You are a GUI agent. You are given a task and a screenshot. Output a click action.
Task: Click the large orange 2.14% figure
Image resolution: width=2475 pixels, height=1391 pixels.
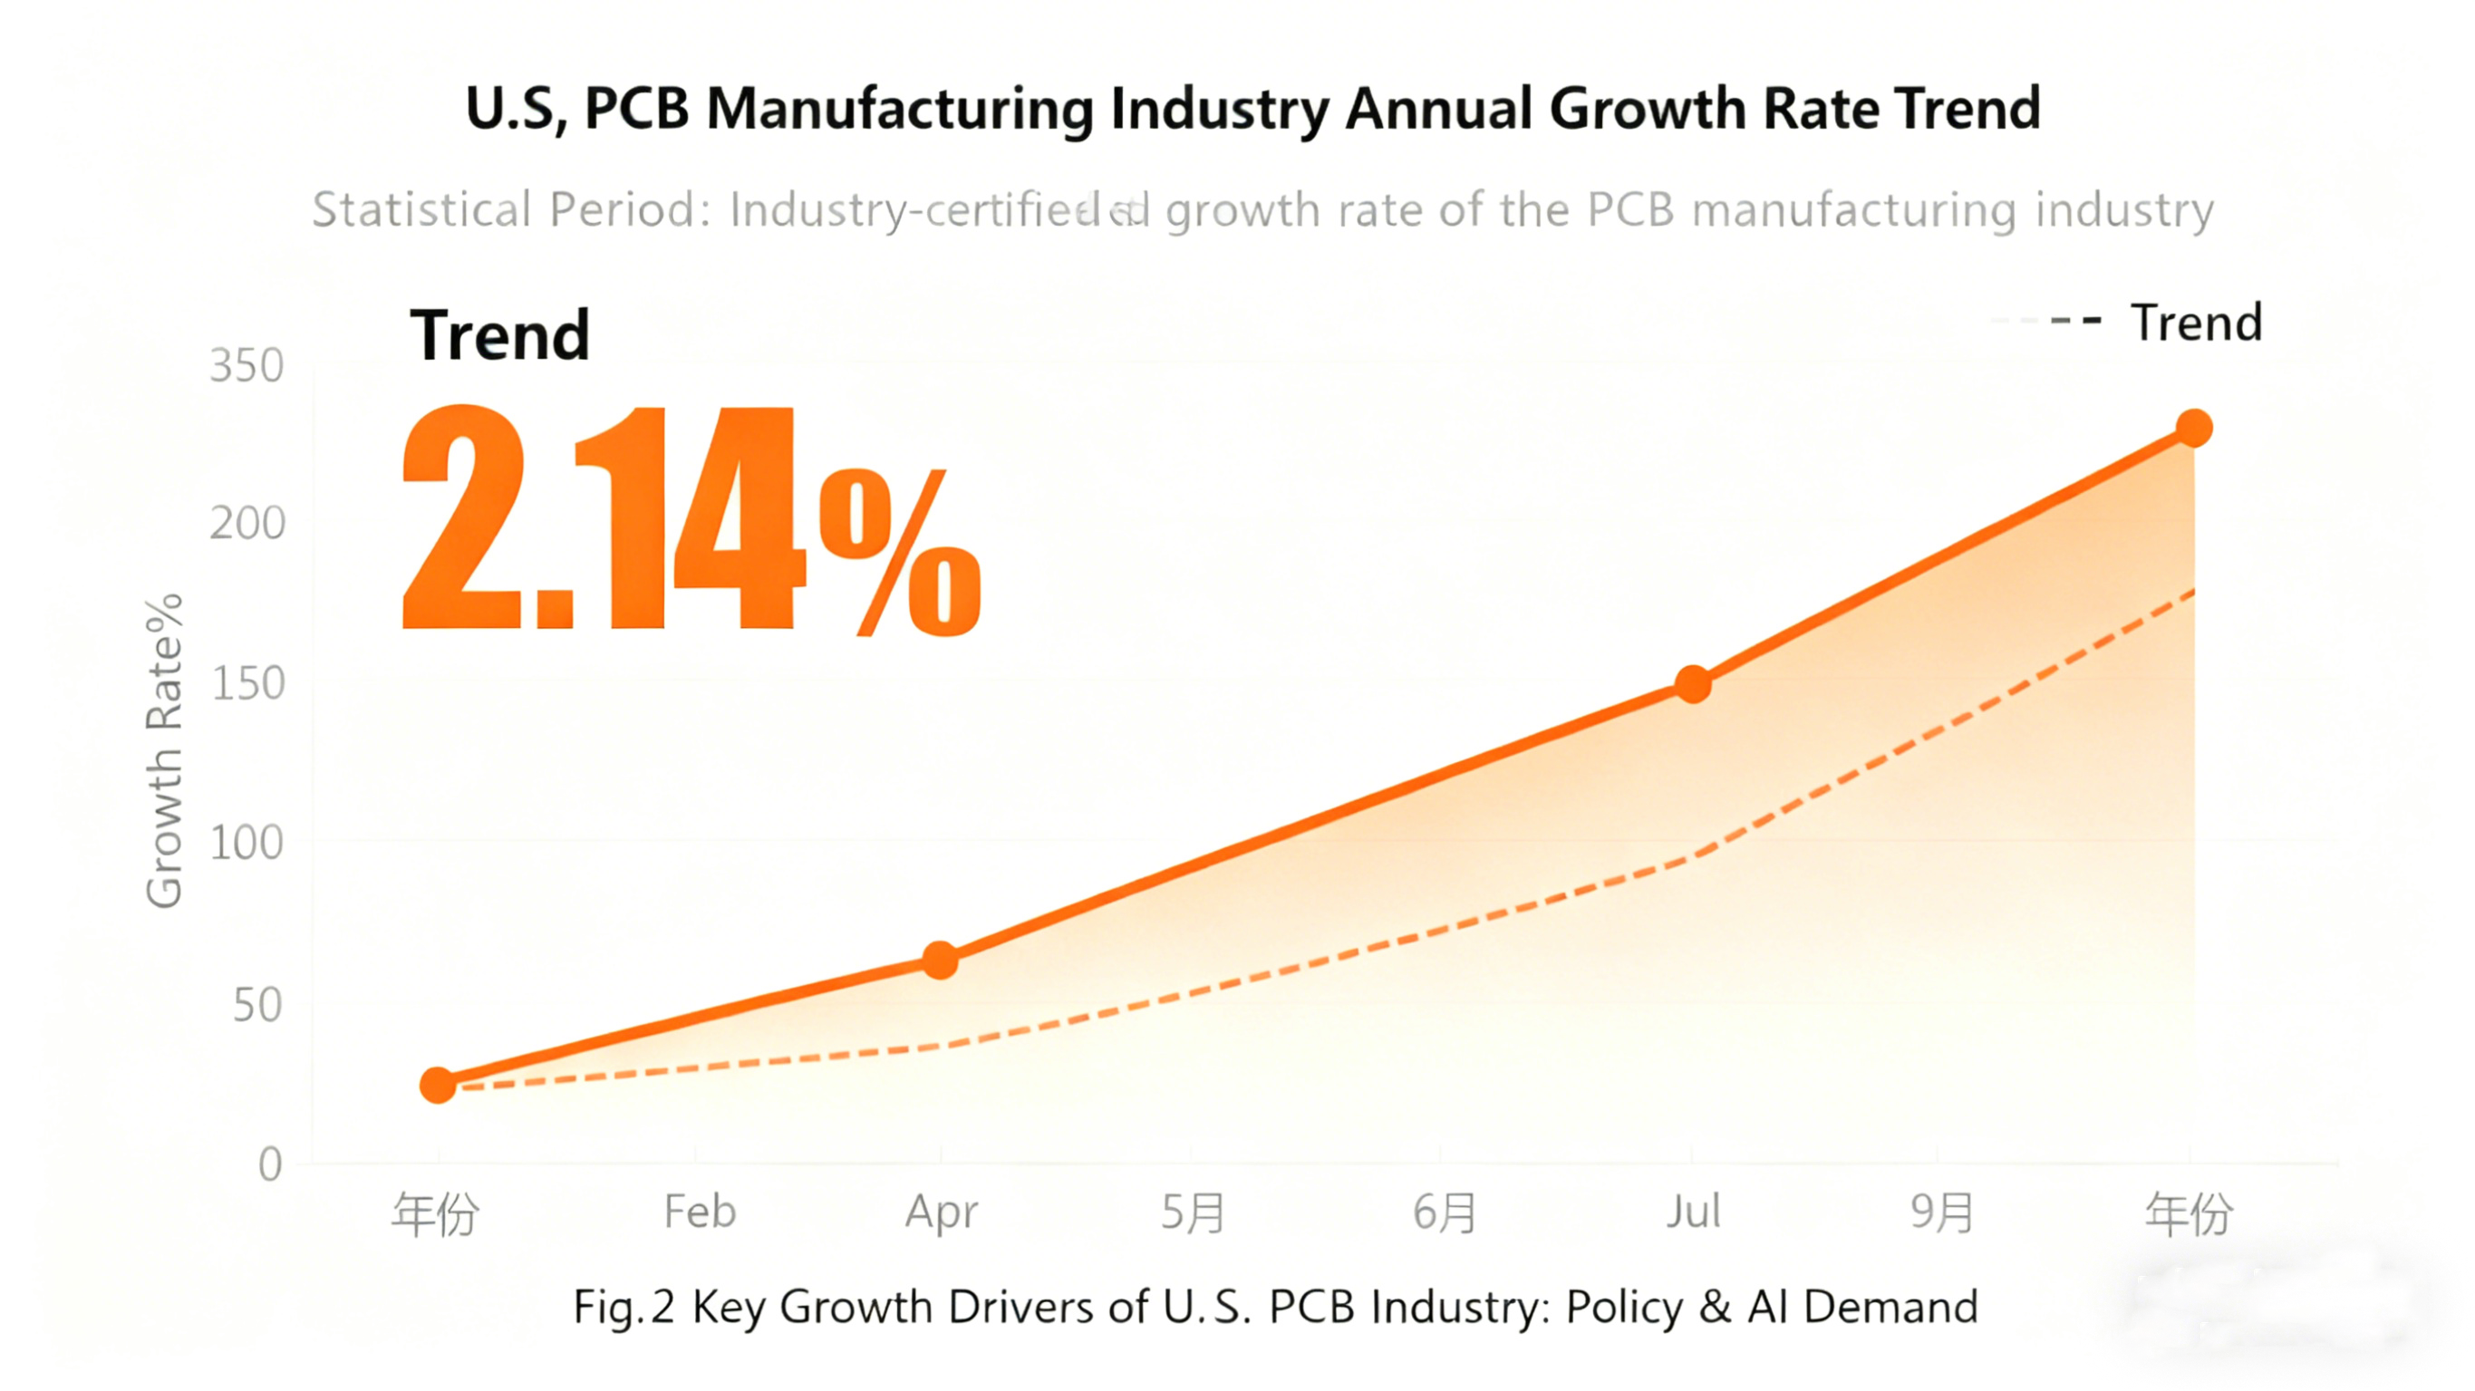click(x=690, y=518)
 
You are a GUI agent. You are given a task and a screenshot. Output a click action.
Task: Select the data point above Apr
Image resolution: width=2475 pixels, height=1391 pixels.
click(x=940, y=959)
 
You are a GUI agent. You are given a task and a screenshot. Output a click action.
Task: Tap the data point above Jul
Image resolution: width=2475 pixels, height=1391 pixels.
click(x=1693, y=683)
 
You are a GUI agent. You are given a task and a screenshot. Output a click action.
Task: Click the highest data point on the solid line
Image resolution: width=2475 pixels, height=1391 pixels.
click(x=2193, y=428)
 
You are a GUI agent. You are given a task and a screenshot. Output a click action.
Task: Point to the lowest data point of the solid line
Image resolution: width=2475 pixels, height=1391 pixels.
click(x=438, y=1085)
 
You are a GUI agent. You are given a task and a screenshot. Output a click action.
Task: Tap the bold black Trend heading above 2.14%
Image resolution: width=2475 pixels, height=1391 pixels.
click(x=499, y=335)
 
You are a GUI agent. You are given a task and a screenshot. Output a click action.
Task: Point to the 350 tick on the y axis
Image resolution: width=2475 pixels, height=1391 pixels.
click(x=247, y=366)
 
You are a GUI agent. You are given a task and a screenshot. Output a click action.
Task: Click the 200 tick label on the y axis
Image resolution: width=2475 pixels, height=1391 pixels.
click(x=247, y=525)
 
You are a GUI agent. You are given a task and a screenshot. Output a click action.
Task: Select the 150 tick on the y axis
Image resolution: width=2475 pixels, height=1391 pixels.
click(x=247, y=684)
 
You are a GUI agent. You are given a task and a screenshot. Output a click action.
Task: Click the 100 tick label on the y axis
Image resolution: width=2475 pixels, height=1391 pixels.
click(x=247, y=844)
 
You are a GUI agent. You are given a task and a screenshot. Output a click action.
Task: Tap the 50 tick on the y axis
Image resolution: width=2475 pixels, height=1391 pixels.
click(x=256, y=1006)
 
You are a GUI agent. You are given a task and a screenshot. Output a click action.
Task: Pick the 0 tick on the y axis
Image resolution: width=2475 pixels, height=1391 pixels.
click(x=270, y=1164)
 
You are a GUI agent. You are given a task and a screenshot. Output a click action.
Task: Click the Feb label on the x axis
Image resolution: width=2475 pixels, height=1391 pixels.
click(x=700, y=1212)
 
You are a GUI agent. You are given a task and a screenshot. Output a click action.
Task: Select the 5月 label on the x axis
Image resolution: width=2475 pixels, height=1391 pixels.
click(x=1193, y=1213)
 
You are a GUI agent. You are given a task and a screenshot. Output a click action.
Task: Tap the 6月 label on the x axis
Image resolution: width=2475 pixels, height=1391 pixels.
click(x=1443, y=1213)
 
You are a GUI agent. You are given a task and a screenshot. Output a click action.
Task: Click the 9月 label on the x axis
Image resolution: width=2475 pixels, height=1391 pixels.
click(x=1941, y=1213)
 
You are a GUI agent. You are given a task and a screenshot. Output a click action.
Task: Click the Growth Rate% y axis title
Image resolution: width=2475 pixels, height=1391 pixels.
click(x=163, y=750)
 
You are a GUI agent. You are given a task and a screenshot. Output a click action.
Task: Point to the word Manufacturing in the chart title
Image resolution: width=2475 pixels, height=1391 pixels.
click(x=899, y=109)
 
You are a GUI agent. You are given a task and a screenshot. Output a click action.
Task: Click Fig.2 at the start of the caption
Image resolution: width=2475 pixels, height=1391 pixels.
click(x=623, y=1308)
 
